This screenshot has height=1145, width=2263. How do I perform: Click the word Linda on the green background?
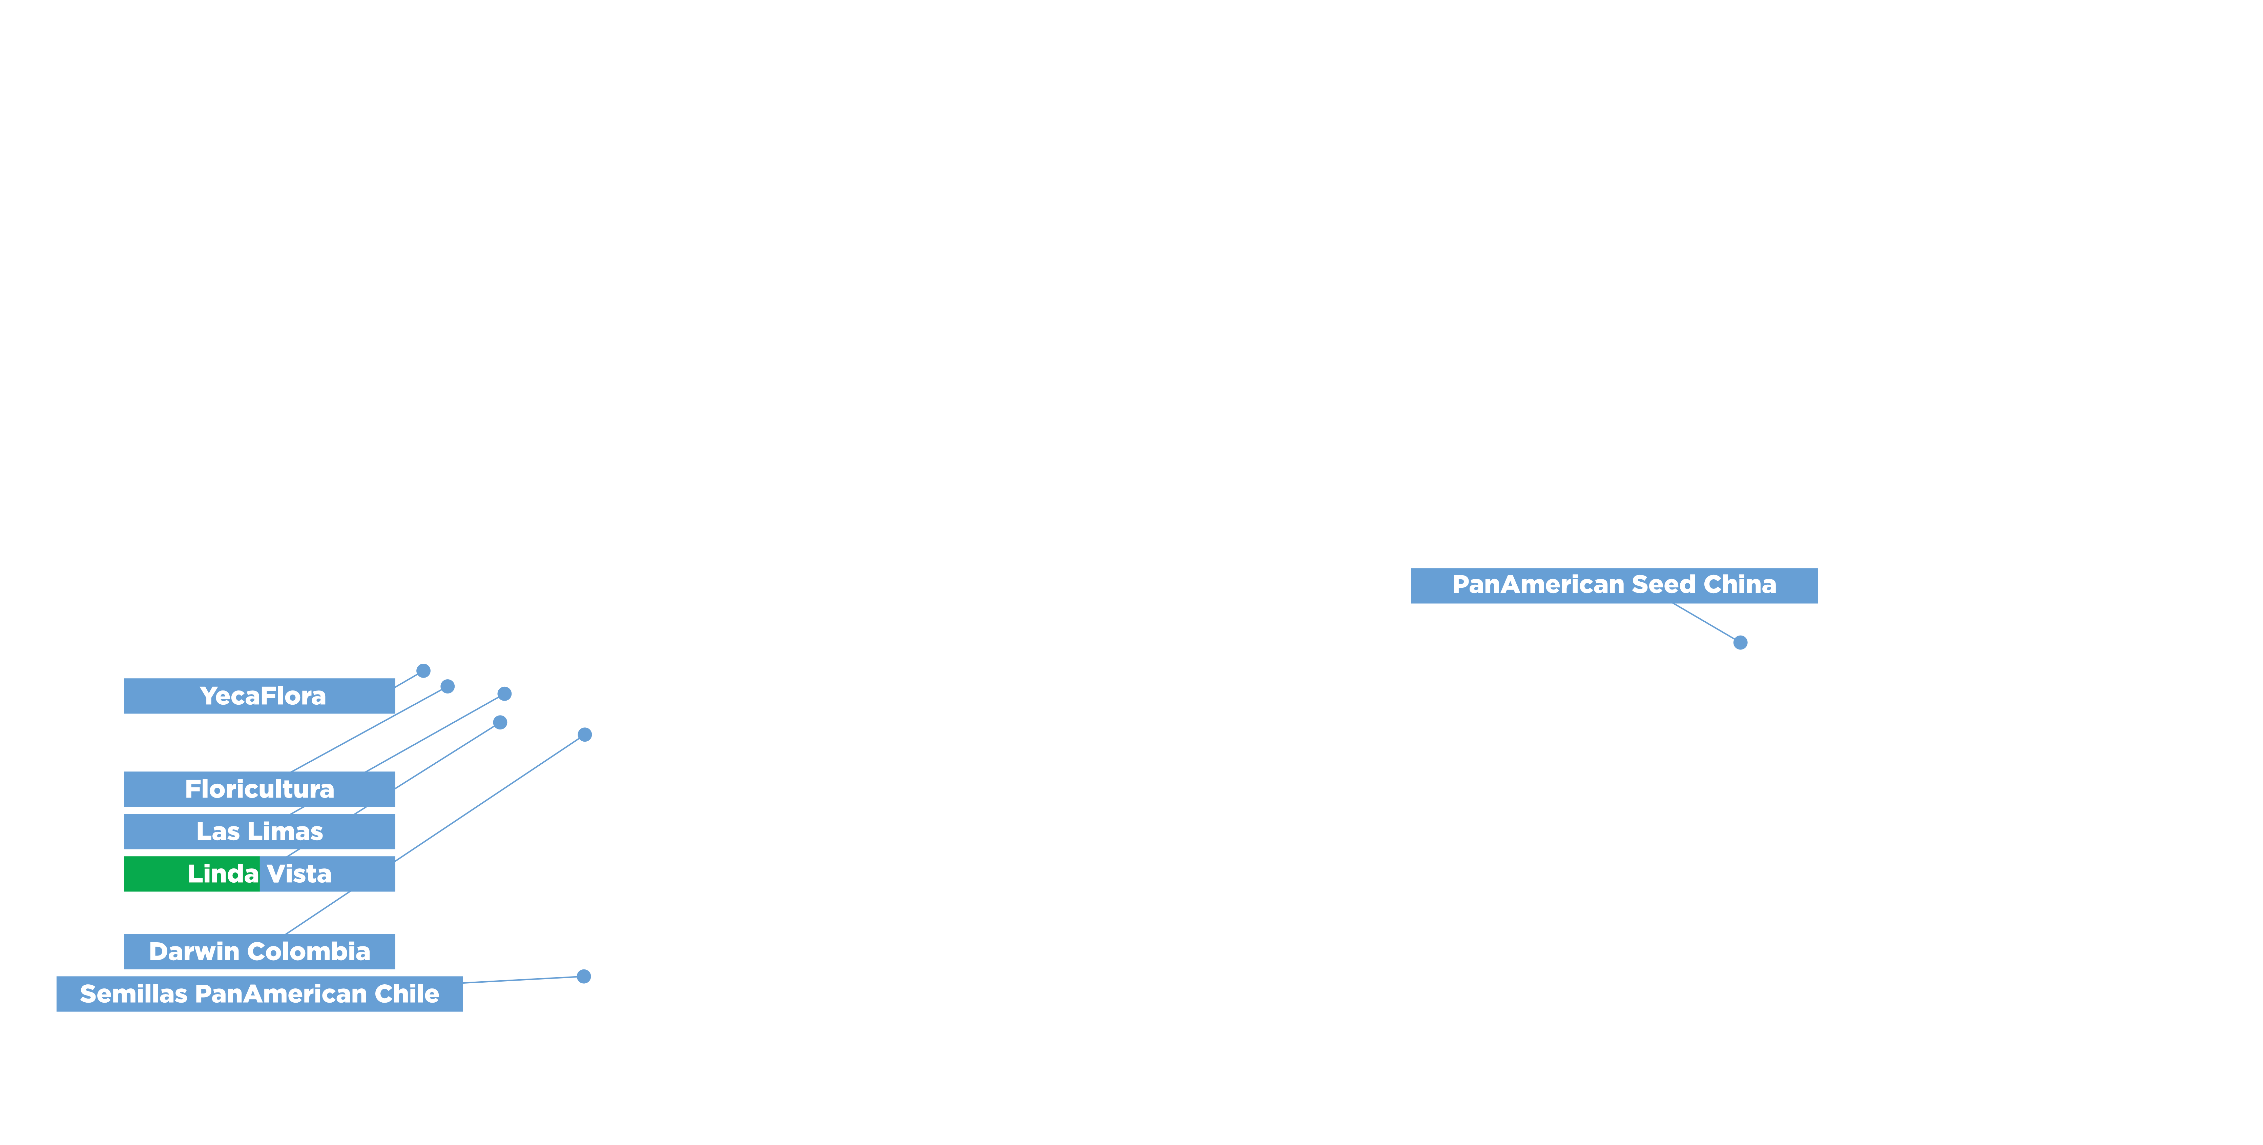pos(222,873)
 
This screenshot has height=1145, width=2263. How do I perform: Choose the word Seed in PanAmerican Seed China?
pos(1663,584)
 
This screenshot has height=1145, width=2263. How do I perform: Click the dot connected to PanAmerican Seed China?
pos(1740,642)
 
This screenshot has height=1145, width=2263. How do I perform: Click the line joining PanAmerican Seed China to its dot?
pos(1704,621)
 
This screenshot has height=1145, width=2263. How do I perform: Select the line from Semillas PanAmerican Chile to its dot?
pos(523,979)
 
